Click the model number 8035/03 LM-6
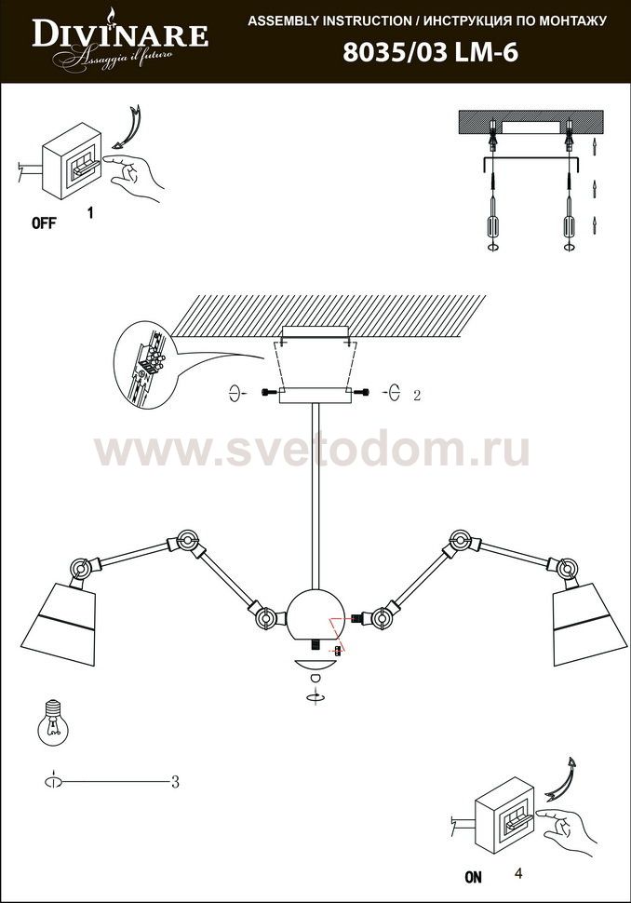431,53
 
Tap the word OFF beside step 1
45,222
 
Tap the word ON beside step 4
473,877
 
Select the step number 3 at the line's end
175,781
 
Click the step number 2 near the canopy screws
417,395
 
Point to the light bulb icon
54,724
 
